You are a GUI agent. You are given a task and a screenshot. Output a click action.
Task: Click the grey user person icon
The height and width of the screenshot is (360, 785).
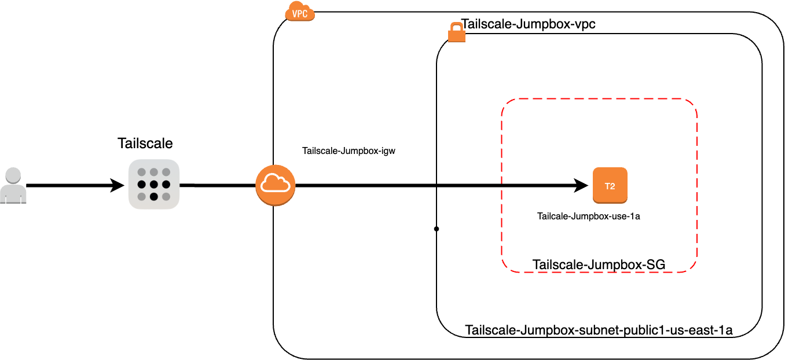tap(13, 186)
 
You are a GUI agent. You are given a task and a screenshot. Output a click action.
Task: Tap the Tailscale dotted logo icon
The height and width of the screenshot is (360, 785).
tap(153, 184)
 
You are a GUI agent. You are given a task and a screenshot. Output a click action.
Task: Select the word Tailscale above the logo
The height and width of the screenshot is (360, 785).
tap(145, 143)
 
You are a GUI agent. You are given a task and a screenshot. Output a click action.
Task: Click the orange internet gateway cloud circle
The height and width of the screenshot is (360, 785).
tap(276, 185)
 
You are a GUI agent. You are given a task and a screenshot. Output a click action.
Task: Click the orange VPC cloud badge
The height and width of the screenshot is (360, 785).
tap(300, 12)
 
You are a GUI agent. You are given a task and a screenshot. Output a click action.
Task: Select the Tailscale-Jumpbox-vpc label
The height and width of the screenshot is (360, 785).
tap(528, 25)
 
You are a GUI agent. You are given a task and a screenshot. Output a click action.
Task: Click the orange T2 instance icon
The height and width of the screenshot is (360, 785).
tap(610, 185)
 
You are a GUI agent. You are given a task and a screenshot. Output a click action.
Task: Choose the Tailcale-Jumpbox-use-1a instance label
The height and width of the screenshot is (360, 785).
tap(588, 216)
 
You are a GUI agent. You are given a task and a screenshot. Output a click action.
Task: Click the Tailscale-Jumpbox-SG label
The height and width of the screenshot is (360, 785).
tap(599, 265)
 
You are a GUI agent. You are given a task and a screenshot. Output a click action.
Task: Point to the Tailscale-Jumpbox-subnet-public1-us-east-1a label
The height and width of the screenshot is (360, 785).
tap(599, 330)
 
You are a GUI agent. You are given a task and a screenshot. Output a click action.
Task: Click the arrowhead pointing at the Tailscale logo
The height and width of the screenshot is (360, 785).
tap(118, 186)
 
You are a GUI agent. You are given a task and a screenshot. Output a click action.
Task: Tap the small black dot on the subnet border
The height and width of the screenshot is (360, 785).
tap(436, 229)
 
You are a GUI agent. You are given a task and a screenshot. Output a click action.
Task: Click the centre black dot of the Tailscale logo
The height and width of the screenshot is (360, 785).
tap(153, 185)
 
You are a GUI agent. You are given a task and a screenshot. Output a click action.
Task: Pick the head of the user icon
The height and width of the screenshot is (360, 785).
tap(13, 175)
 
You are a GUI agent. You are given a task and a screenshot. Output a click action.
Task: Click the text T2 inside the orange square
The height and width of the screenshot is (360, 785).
tap(610, 186)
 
